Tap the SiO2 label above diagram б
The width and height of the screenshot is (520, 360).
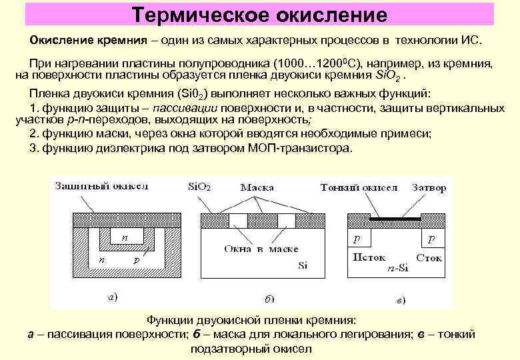pos(199,187)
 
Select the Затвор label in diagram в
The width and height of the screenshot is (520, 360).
pos(429,187)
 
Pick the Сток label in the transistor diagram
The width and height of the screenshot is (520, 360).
pos(429,257)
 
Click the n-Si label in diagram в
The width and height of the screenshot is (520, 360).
pos(398,269)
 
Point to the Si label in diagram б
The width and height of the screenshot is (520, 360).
pos(303,266)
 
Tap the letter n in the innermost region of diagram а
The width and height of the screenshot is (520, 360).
pos(124,237)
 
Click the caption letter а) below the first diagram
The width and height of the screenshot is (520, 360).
pos(113,297)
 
